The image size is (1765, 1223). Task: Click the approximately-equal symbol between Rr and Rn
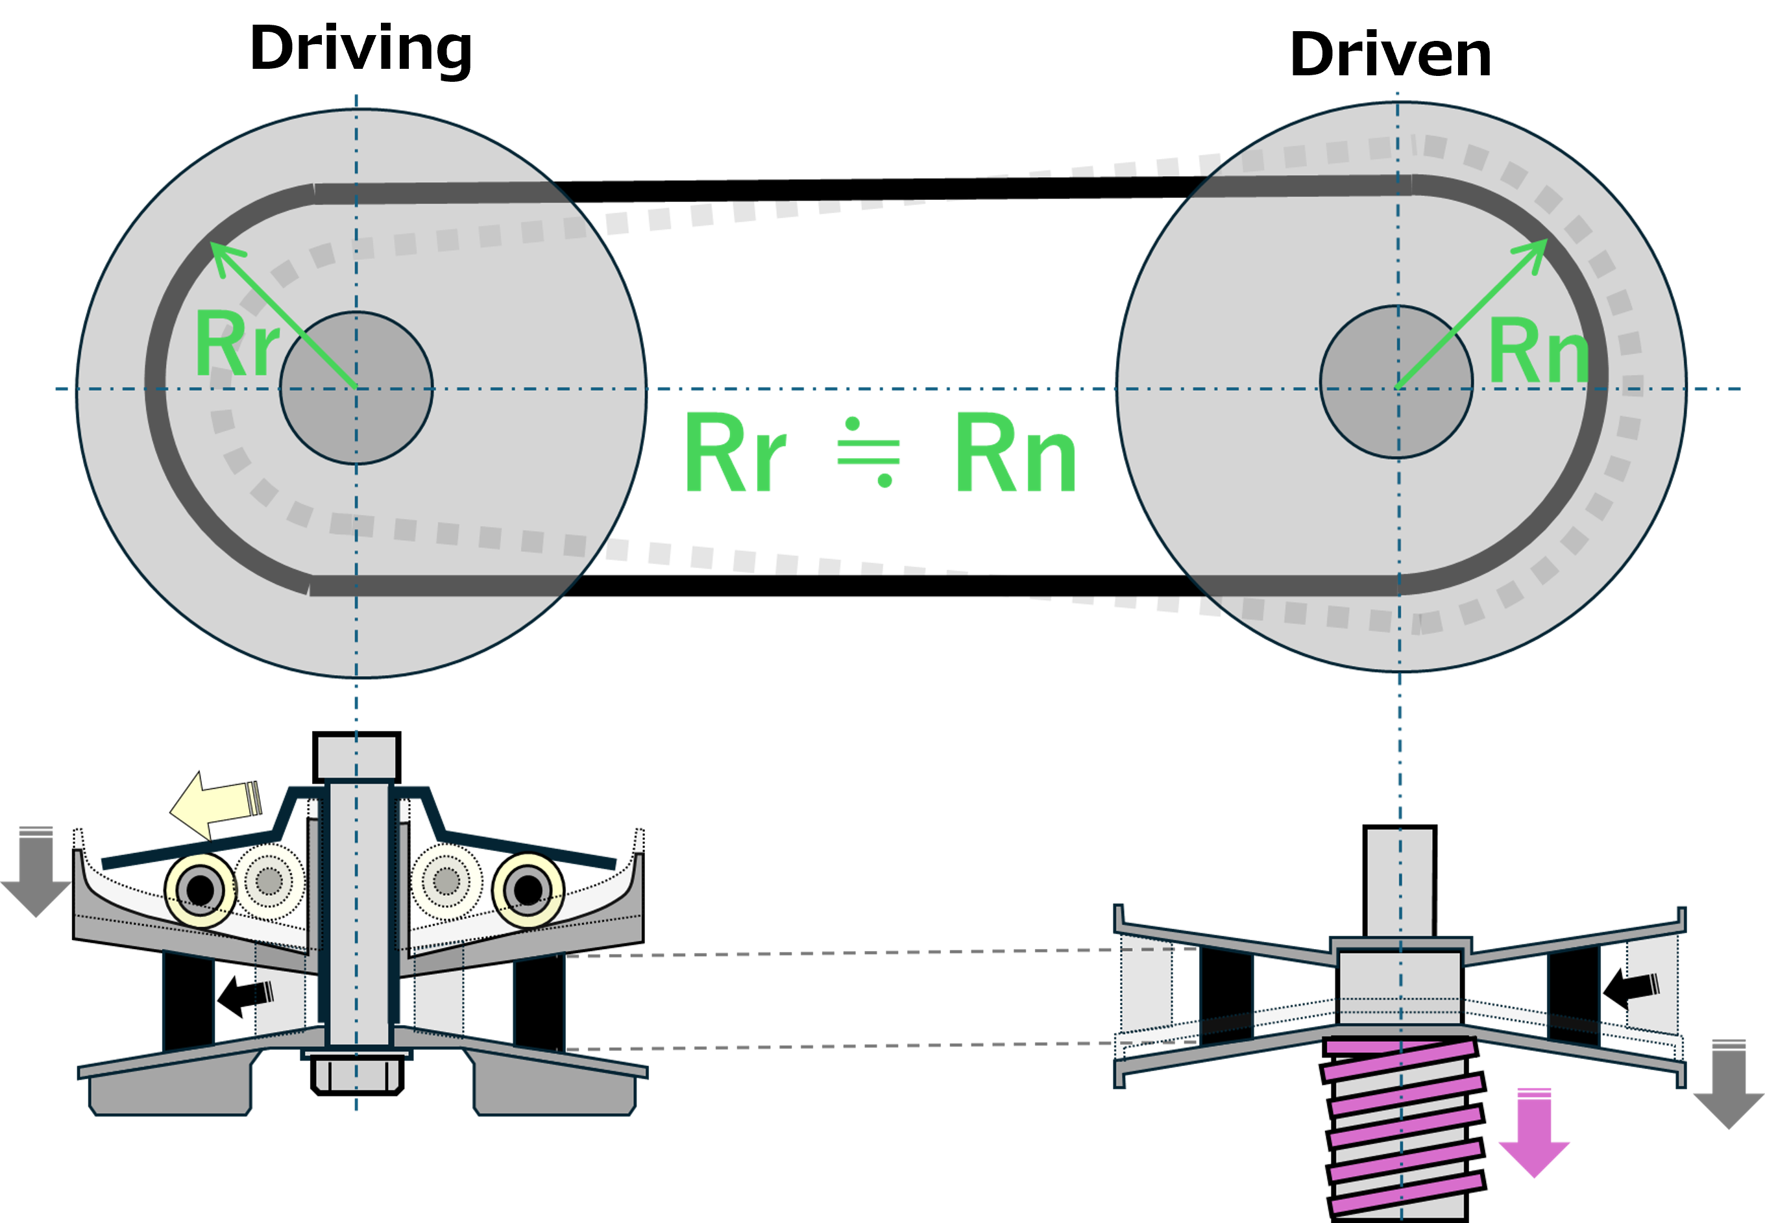[x=869, y=452]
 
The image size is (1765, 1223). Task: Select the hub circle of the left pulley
[x=356, y=388]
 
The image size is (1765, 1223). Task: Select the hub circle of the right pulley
[x=1396, y=382]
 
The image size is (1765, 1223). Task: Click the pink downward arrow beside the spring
[x=1533, y=1133]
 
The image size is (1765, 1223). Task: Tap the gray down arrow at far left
[x=35, y=874]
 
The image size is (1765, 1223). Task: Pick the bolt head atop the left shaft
[x=356, y=757]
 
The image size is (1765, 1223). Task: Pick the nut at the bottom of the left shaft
[x=357, y=1073]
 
